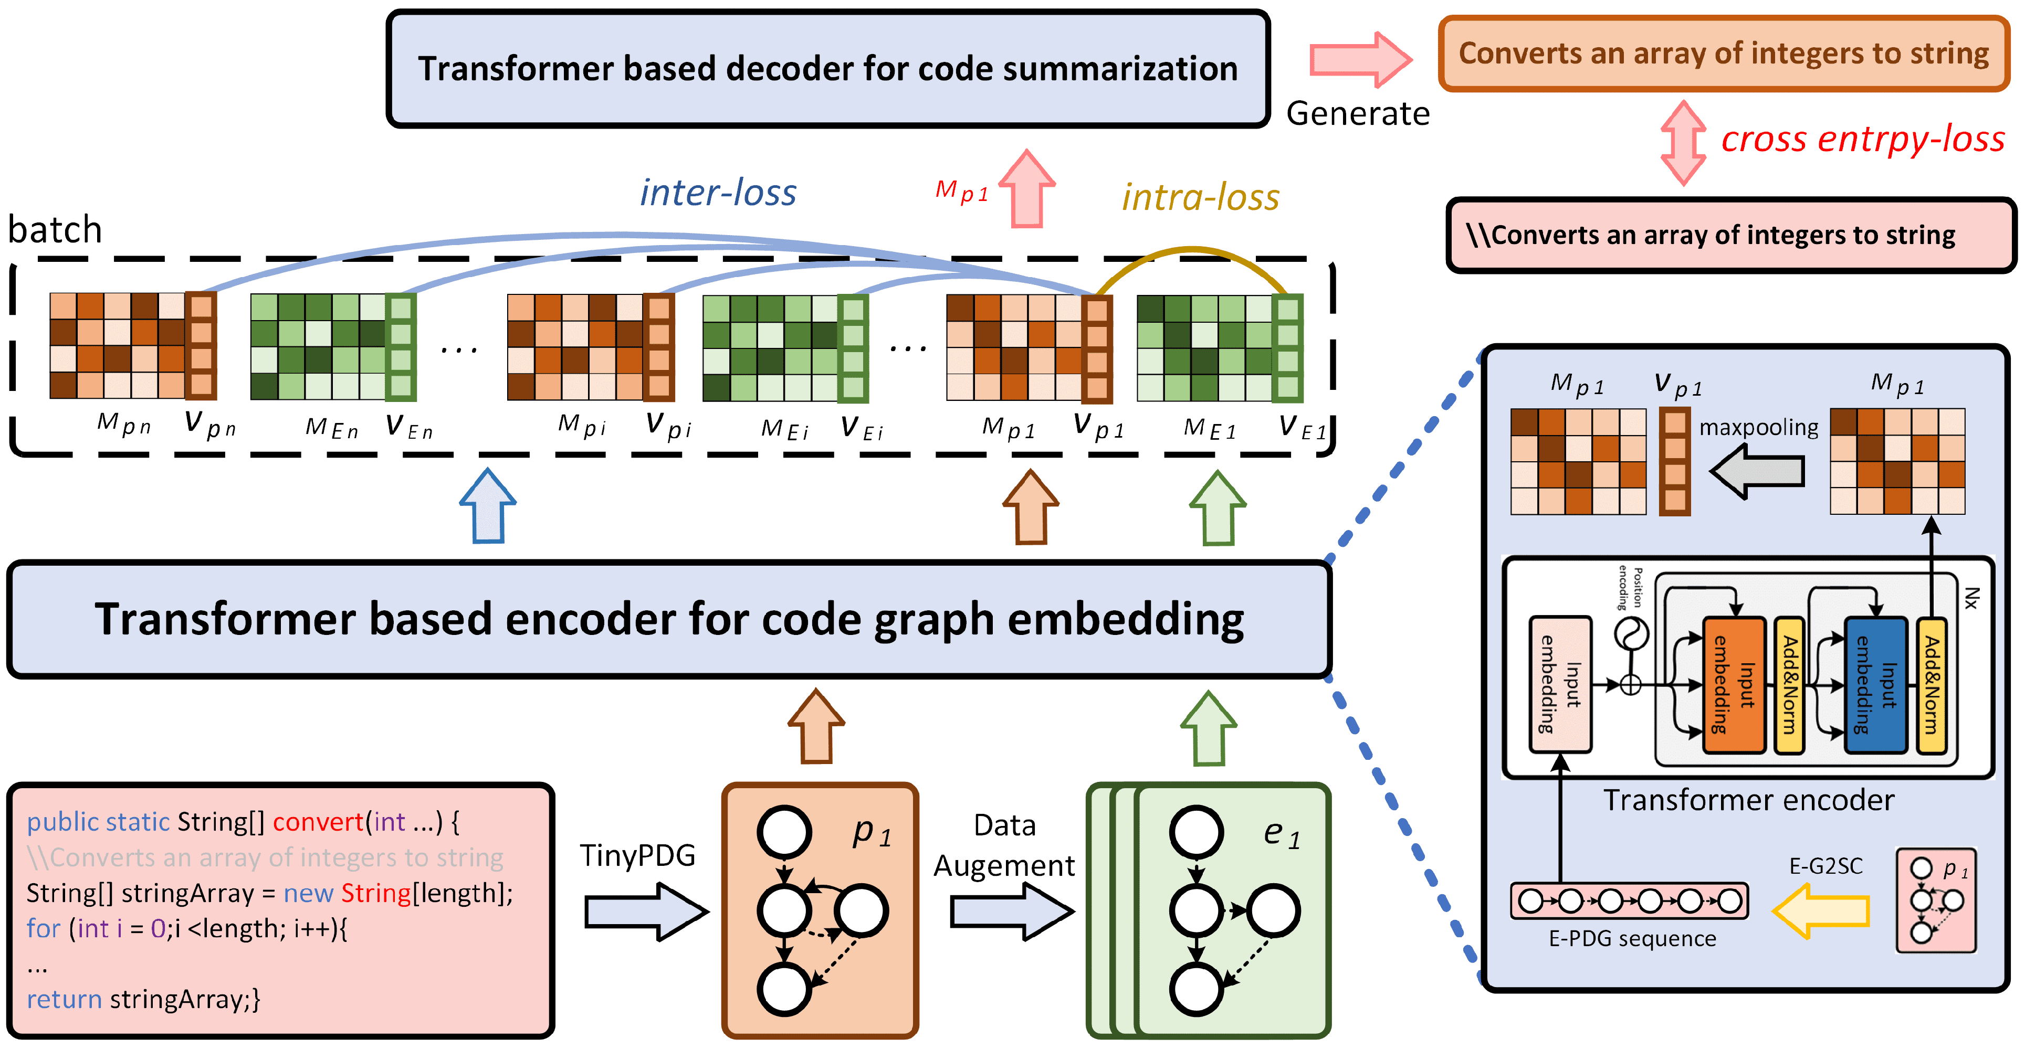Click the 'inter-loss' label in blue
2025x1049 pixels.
coord(718,193)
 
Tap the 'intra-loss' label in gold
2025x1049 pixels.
coord(1200,197)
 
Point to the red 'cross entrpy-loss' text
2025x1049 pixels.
coord(1862,139)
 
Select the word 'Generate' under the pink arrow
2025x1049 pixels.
coord(1358,114)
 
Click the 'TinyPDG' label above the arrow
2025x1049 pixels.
coord(637,855)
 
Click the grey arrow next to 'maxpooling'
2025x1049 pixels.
coord(1758,471)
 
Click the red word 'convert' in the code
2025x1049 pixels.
coord(318,822)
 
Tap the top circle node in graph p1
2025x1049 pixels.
coord(784,831)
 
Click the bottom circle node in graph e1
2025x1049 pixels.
coord(1195,989)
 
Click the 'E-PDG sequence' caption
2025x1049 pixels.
coord(1632,938)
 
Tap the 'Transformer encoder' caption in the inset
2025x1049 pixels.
coord(1748,800)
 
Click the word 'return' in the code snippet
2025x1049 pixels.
coord(64,1000)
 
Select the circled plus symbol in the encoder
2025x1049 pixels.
coord(1631,685)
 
